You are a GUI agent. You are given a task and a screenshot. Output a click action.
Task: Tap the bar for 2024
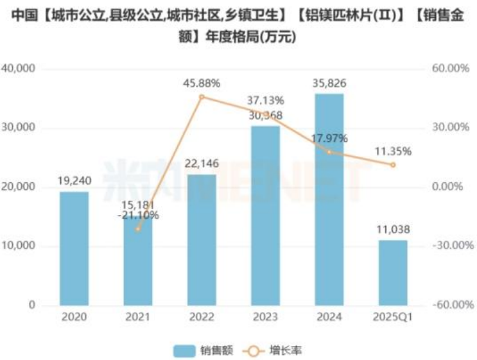click(x=329, y=200)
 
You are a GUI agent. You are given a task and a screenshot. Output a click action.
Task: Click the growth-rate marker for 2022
click(x=202, y=97)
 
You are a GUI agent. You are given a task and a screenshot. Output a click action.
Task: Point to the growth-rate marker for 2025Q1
click(x=392, y=165)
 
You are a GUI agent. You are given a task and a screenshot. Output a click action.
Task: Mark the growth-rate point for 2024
click(x=329, y=152)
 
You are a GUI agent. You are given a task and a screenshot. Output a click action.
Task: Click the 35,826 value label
click(x=329, y=83)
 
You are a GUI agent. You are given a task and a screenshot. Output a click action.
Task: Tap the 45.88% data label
click(x=202, y=83)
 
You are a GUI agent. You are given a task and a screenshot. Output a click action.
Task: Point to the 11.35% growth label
click(x=392, y=152)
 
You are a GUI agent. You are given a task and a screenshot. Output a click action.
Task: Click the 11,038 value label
click(x=392, y=229)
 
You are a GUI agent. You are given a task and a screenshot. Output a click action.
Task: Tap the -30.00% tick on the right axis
click(x=449, y=246)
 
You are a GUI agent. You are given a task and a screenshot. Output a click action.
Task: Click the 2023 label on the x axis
click(x=265, y=318)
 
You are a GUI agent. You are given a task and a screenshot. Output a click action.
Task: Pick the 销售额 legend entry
click(x=204, y=350)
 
